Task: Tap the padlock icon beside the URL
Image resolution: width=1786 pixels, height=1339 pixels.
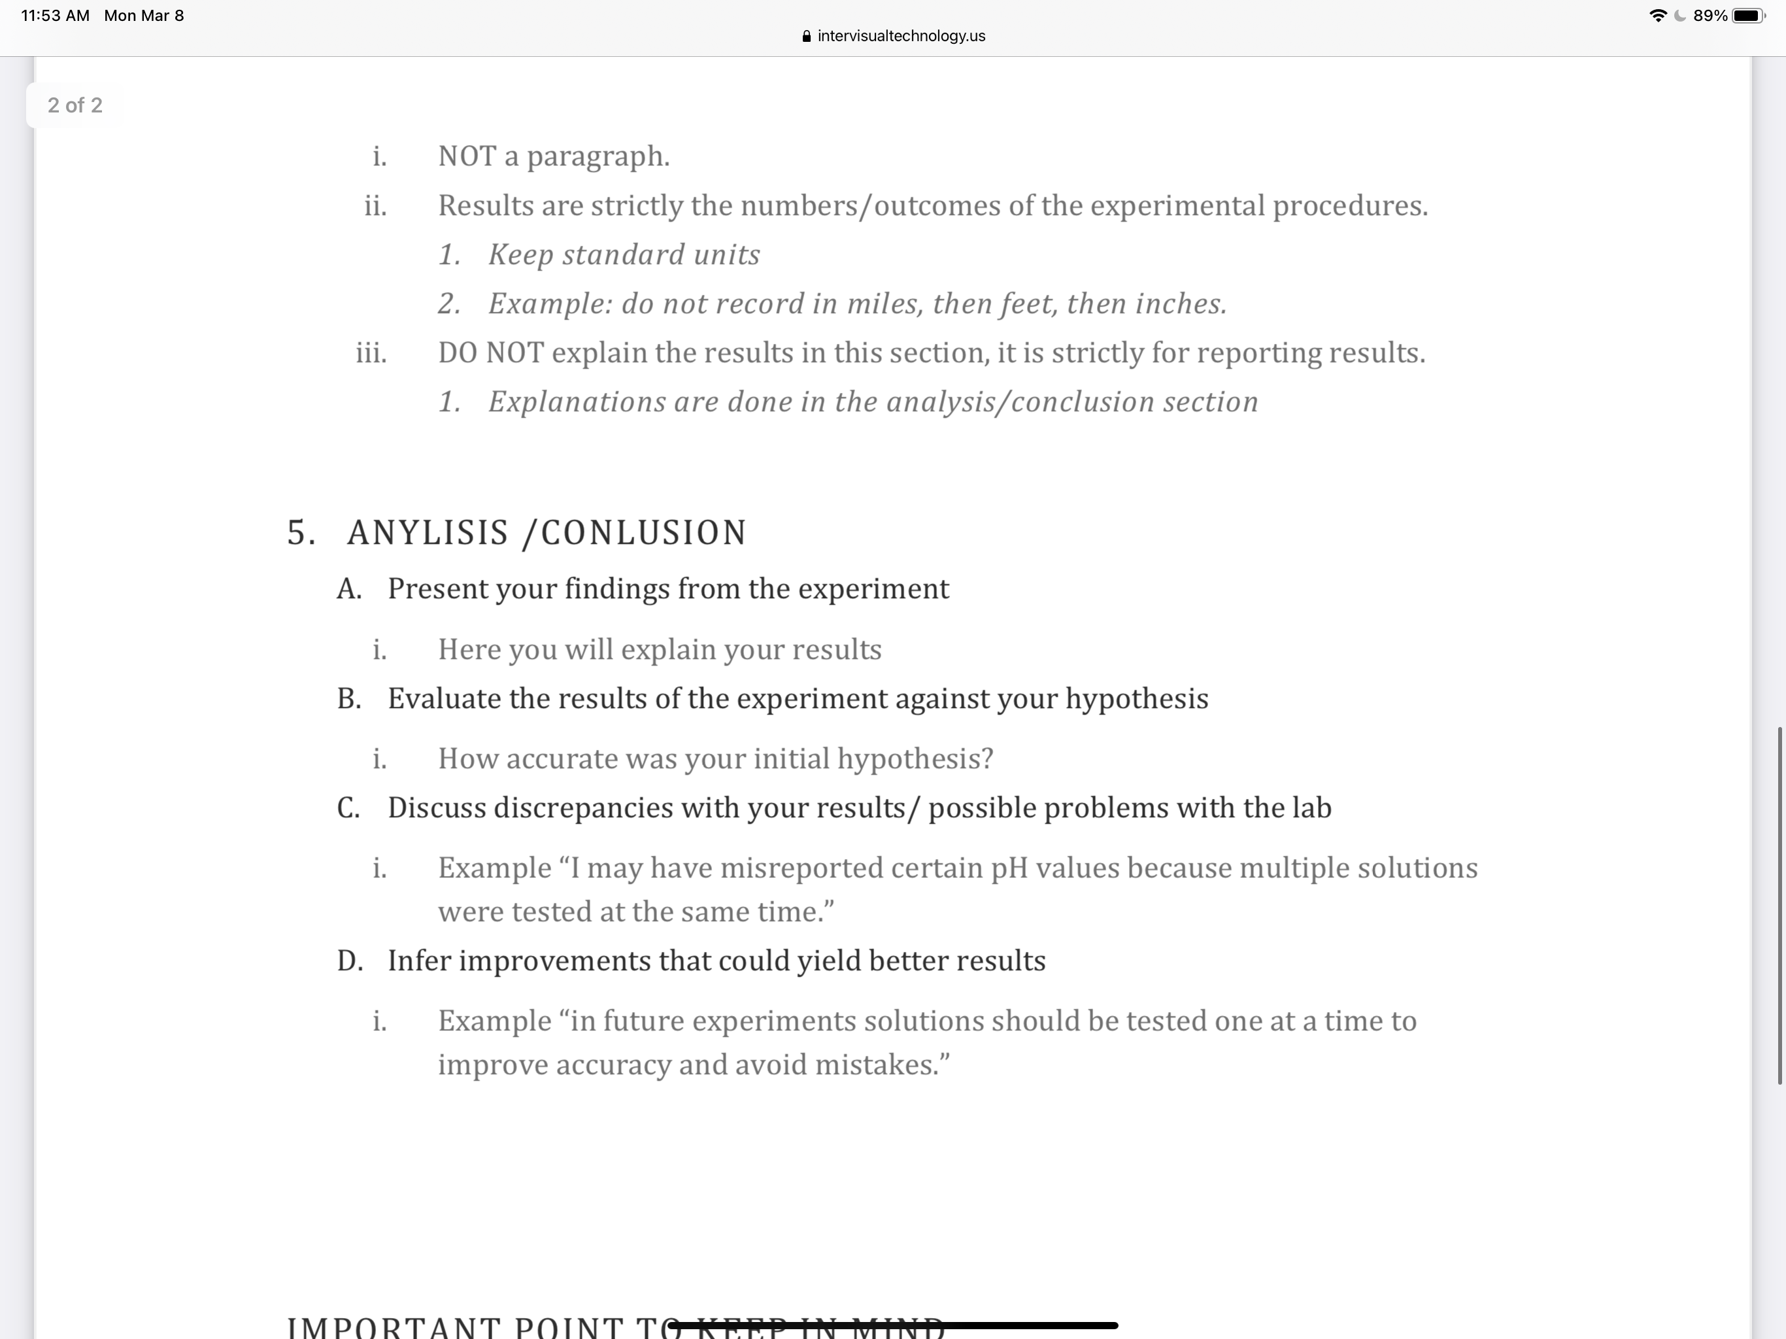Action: pos(806,37)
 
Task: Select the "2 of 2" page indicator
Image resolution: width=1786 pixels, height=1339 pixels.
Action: pos(75,105)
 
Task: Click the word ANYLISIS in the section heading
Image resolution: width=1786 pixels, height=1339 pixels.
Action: pos(428,533)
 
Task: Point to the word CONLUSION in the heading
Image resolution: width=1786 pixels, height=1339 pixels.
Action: pos(643,533)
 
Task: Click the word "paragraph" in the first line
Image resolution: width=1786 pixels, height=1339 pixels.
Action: pos(598,156)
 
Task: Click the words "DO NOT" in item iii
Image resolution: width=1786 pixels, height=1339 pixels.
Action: pos(491,353)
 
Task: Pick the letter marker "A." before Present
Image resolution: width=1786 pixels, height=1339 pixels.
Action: pos(349,588)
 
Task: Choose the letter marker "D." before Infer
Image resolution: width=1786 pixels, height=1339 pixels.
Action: pos(350,961)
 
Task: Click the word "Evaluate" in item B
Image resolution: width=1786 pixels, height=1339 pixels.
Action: pos(445,698)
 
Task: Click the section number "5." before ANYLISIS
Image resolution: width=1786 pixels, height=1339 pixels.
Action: pos(301,533)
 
